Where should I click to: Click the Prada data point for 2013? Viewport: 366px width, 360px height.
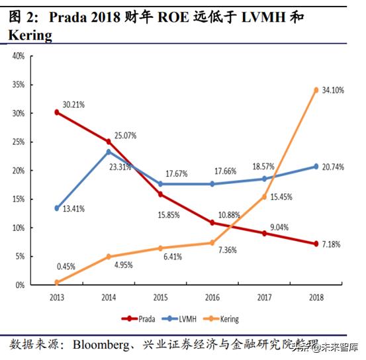coord(57,112)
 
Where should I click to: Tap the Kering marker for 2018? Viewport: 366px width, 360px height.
coord(316,90)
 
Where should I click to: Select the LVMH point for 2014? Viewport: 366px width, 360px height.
coord(109,152)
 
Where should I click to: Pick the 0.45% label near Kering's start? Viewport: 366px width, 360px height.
coord(66,267)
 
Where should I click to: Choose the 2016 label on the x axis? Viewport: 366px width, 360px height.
coord(212,297)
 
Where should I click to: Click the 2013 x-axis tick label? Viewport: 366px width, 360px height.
coord(57,297)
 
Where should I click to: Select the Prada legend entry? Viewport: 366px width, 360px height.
coord(138,319)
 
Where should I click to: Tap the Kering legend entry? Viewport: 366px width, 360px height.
coord(222,319)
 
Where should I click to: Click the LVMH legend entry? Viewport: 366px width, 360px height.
coord(180,319)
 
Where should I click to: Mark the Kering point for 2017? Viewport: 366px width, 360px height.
coord(264,197)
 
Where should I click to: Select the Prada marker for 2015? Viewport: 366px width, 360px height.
coord(161,195)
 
